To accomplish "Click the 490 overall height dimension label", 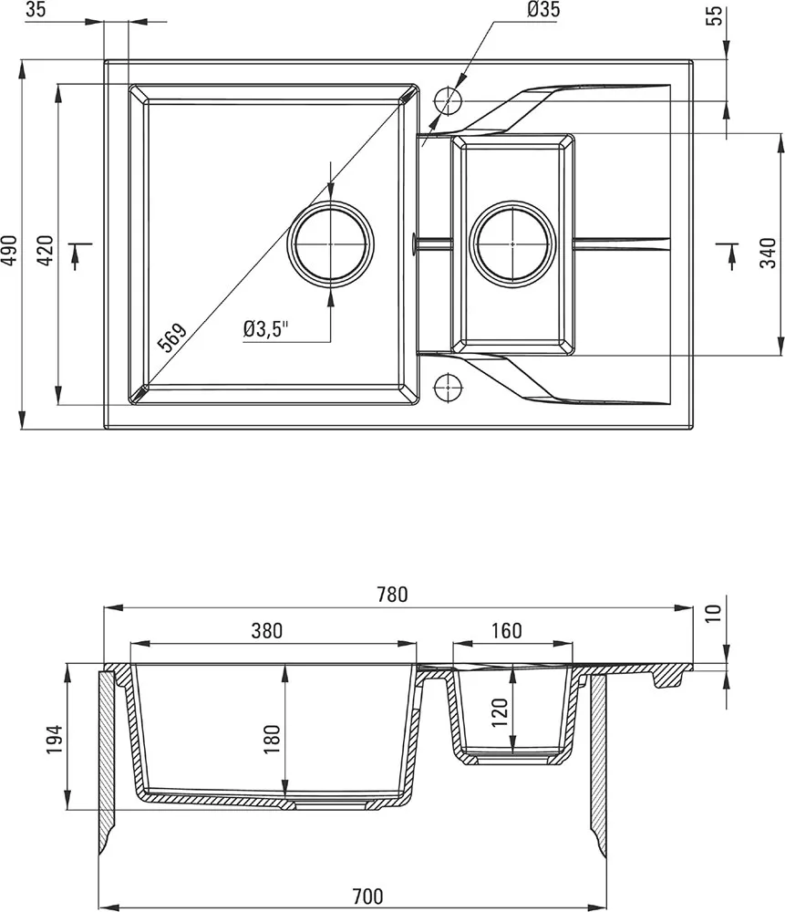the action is (x=11, y=250).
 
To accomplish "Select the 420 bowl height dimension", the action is (x=46, y=250).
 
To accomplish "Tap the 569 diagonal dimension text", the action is (x=172, y=337).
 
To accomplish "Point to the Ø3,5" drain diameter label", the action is (x=265, y=329).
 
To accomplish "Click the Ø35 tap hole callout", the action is (x=543, y=9).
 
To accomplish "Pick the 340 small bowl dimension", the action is (x=769, y=253).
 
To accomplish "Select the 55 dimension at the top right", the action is (x=716, y=16).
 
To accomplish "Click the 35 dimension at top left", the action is (x=36, y=9).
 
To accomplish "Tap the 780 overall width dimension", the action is (x=392, y=595).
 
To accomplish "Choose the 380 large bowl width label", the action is (x=266, y=630).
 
